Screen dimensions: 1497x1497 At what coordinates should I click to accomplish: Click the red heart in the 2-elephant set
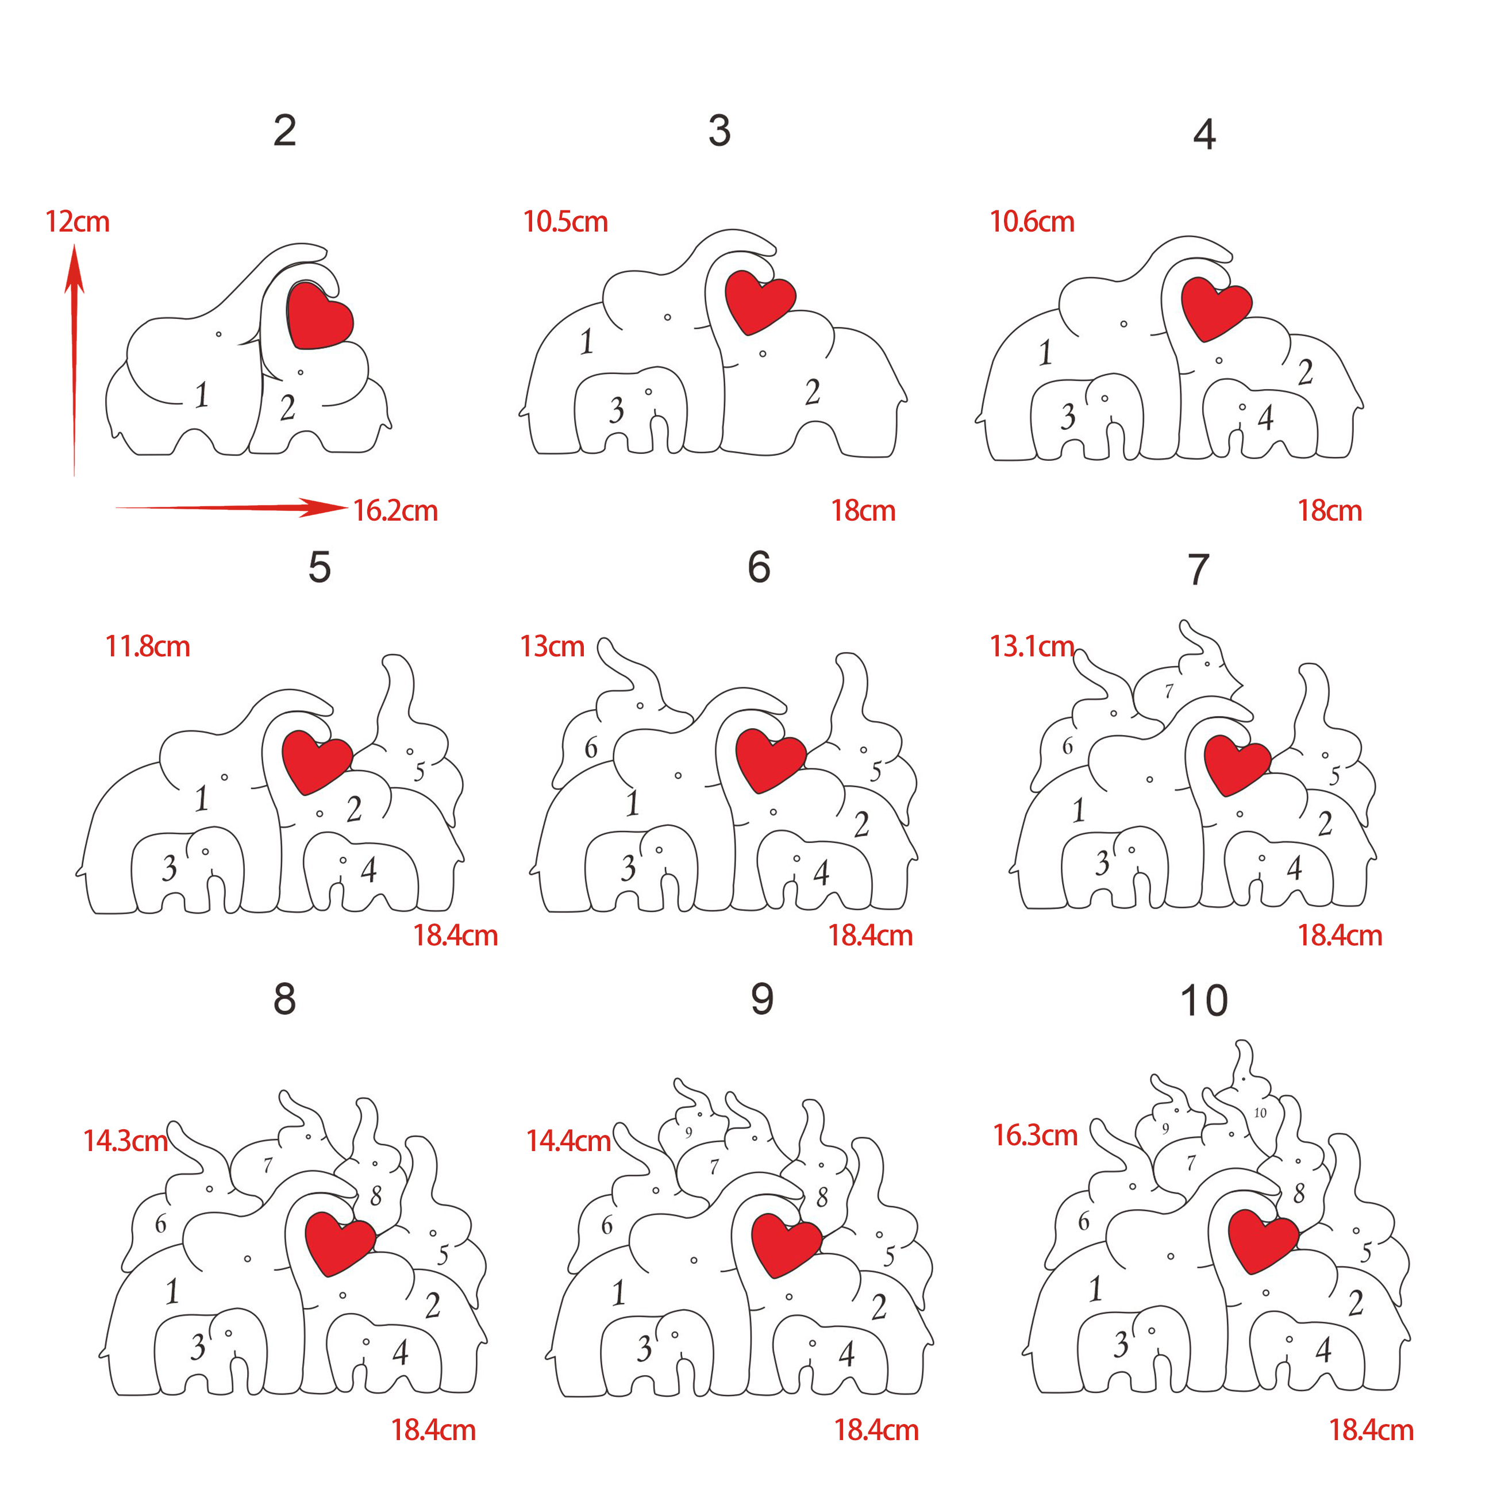click(320, 315)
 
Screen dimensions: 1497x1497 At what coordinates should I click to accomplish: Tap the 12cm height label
click(78, 222)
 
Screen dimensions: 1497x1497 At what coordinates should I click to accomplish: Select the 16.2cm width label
click(395, 511)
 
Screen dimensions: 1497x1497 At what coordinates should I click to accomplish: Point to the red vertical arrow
click(74, 360)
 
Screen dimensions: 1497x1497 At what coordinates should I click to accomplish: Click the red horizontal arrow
click(231, 507)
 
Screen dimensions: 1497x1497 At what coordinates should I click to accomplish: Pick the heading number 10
click(1203, 1000)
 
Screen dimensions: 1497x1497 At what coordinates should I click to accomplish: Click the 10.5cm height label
click(565, 222)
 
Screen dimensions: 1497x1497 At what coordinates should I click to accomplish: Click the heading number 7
click(1199, 569)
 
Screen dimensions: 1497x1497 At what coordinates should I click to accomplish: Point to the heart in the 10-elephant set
click(1264, 1241)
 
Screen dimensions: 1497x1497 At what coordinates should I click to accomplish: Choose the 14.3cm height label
click(125, 1141)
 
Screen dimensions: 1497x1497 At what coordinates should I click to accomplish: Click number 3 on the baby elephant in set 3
click(617, 410)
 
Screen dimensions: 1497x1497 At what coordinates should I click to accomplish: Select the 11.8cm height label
click(147, 646)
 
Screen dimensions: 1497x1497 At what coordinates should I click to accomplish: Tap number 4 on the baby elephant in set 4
click(1266, 418)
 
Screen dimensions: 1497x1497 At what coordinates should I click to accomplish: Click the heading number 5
click(320, 567)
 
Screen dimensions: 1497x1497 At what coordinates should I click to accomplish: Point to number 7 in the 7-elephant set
click(1169, 690)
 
